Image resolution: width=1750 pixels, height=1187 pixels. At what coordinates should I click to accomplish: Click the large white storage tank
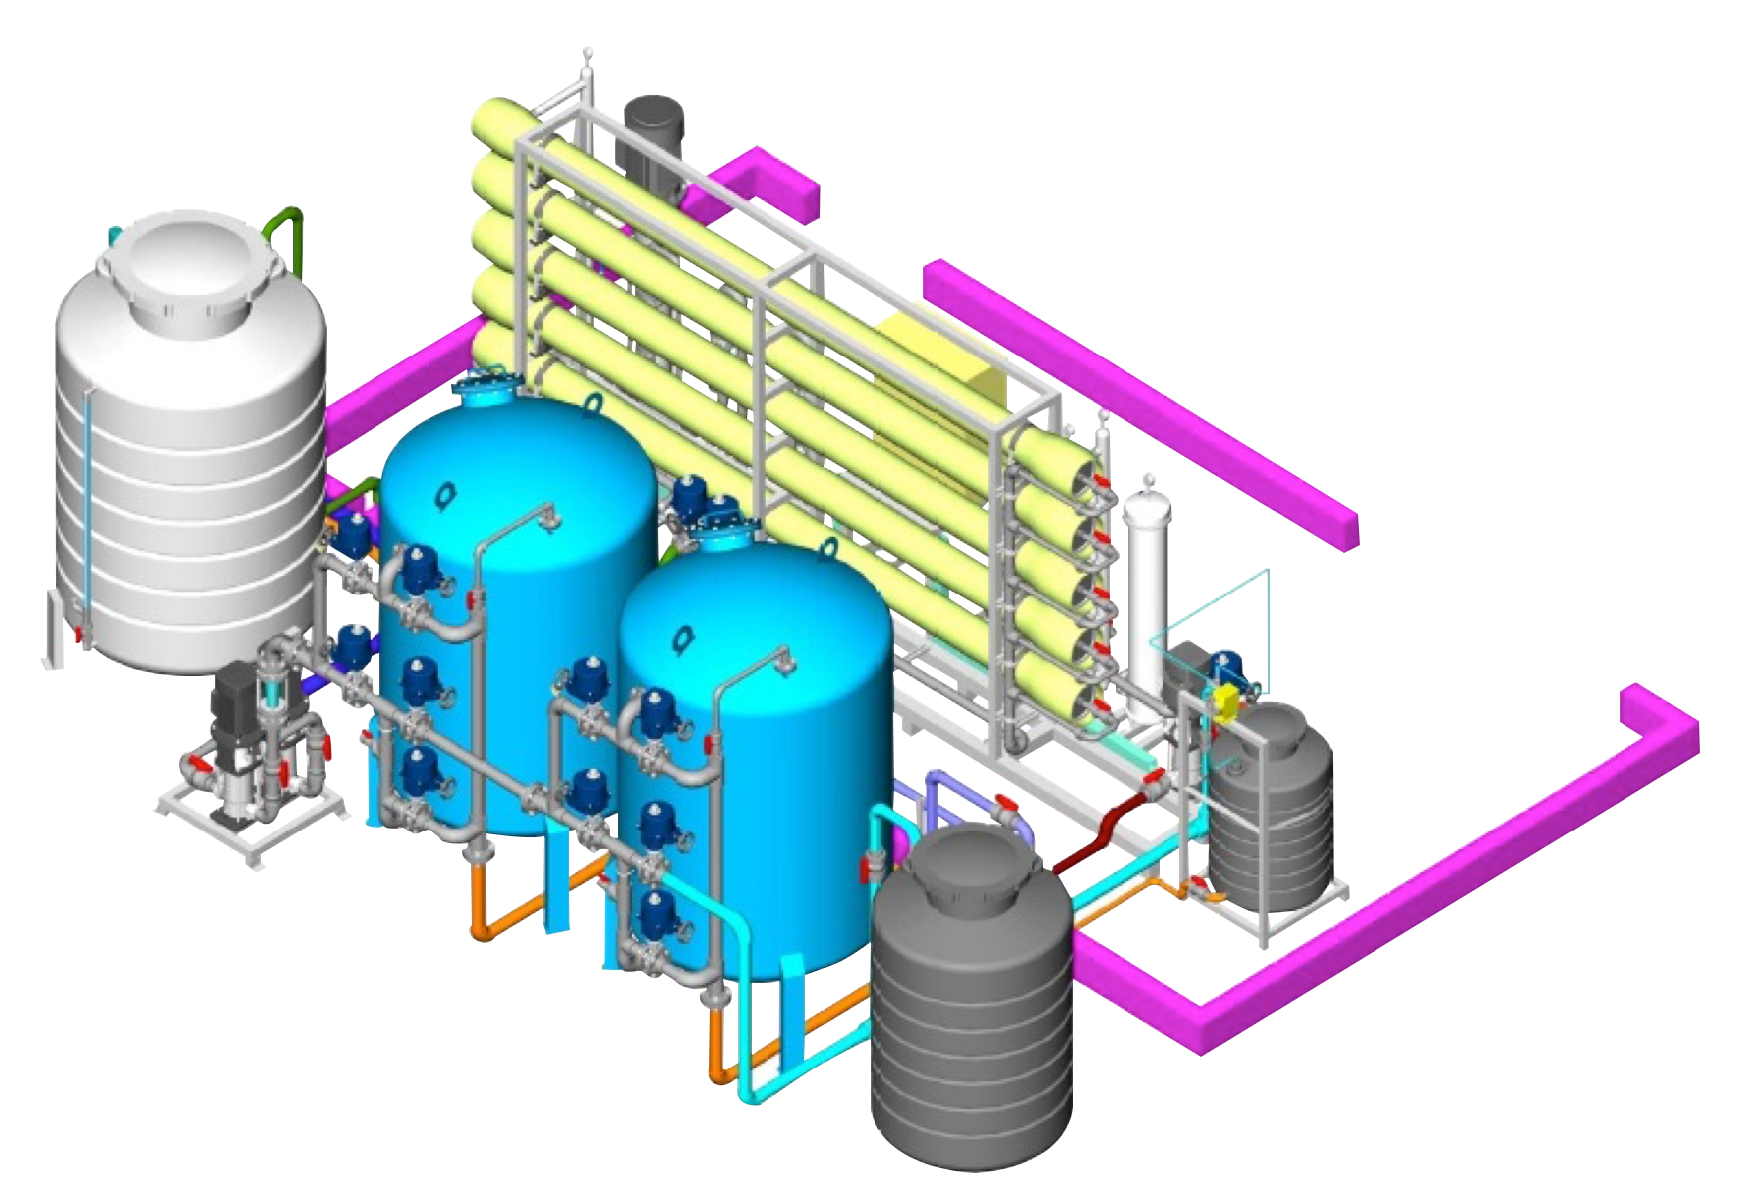pyautogui.click(x=189, y=478)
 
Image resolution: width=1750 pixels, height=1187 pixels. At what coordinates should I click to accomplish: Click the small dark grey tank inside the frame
pyautogui.click(x=1270, y=807)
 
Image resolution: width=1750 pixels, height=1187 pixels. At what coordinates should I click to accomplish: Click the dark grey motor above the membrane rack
pyautogui.click(x=652, y=134)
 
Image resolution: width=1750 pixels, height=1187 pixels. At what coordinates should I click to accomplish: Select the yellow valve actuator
pyautogui.click(x=1224, y=702)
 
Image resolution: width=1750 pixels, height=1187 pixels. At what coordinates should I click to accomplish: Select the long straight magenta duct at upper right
pyautogui.click(x=1145, y=398)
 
